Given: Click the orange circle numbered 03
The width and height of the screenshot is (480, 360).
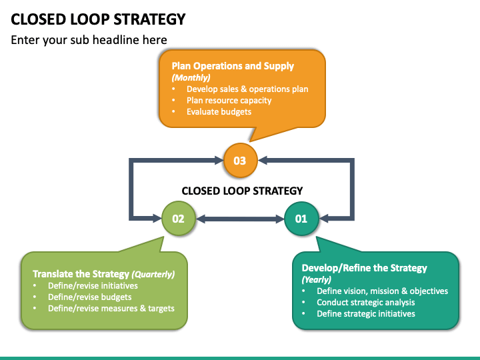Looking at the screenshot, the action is tap(240, 160).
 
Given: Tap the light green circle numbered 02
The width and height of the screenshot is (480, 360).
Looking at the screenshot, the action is tap(179, 218).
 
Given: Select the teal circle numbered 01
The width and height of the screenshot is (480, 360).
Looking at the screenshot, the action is tap(301, 219).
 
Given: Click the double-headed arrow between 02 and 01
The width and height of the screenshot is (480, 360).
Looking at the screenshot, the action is tap(240, 219).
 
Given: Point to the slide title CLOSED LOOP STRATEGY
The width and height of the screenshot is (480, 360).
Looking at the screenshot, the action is tap(98, 19).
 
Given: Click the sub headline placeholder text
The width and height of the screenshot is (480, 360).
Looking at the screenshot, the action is tap(89, 40).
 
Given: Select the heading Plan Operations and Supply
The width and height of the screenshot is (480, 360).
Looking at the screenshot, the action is tap(233, 66).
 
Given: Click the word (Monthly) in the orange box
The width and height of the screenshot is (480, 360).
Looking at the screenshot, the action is tap(191, 77).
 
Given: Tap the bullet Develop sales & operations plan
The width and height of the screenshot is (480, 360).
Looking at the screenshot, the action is tap(247, 89).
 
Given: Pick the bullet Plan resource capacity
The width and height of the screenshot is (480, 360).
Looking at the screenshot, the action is tap(229, 101).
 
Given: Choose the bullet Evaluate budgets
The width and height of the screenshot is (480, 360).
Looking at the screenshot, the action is tap(219, 112).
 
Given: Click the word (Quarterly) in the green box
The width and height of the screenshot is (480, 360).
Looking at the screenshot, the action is tap(153, 274).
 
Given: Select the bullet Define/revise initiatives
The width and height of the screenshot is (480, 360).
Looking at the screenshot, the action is tap(93, 285).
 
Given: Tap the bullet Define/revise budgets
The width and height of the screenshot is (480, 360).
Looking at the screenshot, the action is tap(90, 297).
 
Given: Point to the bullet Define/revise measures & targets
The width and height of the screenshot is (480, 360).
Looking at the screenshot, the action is tap(111, 308).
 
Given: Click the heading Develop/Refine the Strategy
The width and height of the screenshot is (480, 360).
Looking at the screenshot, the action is tap(364, 268).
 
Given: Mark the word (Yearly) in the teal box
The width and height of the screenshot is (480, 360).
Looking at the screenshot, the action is tap(317, 279).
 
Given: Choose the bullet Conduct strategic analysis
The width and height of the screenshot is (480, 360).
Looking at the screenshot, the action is tap(366, 303).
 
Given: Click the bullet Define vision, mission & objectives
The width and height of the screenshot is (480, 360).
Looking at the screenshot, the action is tap(383, 291).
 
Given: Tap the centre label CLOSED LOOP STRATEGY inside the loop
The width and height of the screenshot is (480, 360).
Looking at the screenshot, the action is tap(242, 191).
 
